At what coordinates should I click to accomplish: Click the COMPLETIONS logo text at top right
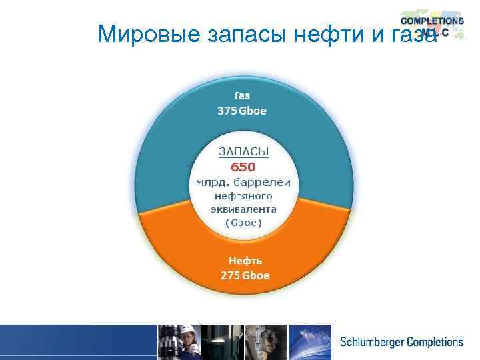coord(432,21)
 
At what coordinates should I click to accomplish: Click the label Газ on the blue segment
coord(242,96)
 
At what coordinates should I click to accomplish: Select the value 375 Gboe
coord(242,111)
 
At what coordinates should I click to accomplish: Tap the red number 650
coord(243,167)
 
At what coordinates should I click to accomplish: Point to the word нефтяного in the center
coord(243,195)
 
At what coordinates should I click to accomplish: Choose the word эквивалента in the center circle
coord(243,209)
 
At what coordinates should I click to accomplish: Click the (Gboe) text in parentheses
coord(243,222)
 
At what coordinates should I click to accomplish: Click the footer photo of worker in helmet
coord(178,342)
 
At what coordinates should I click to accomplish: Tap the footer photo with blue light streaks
coord(310,342)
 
